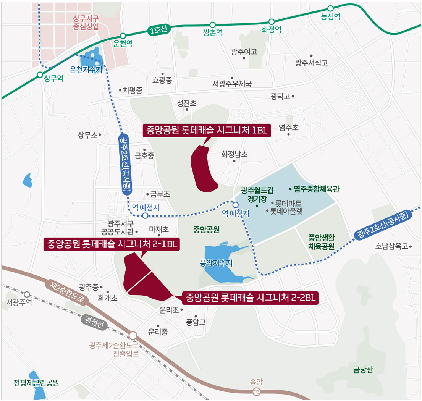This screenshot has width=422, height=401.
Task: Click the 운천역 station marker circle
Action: (123, 36)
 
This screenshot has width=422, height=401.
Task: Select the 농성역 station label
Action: (330, 17)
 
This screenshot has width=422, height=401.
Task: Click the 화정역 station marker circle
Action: (272, 22)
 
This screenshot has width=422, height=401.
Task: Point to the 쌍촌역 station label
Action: (213, 33)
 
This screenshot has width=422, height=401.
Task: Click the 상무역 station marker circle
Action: (40, 75)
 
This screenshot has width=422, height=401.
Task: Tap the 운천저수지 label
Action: (86, 70)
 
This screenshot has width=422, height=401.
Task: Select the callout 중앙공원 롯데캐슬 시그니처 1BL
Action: (207, 130)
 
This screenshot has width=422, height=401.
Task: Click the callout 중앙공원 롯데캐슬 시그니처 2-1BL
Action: (112, 244)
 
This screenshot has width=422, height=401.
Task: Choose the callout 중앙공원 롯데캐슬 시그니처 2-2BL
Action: (250, 298)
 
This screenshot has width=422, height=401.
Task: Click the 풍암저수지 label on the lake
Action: (216, 263)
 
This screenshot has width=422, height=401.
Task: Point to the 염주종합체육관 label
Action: (316, 189)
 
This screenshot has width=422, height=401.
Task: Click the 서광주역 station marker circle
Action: (27, 294)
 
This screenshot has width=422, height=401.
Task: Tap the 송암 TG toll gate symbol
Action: (257, 391)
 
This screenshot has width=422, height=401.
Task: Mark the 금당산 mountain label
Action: (363, 369)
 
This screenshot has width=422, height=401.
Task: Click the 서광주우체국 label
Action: (232, 83)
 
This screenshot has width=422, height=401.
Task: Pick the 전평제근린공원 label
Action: (36, 383)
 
